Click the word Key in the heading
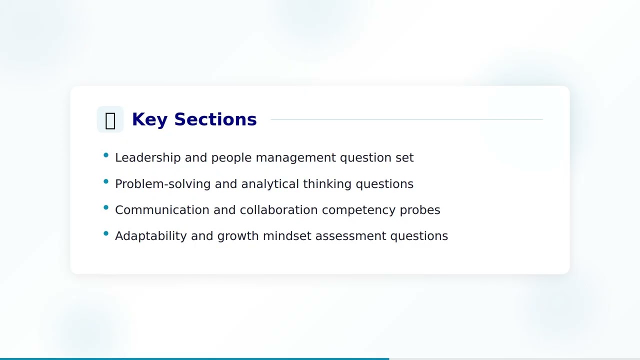point(149,119)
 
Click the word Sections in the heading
point(215,119)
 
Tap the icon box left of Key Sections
point(110,119)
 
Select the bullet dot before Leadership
point(106,155)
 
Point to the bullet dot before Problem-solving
point(106,181)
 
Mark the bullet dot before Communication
point(106,207)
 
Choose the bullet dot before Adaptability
point(106,233)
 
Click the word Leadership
point(147,157)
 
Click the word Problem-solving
point(162,184)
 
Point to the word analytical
point(270,184)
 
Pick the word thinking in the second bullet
point(327,184)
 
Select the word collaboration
point(278,210)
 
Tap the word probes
point(420,210)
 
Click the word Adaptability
point(150,236)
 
